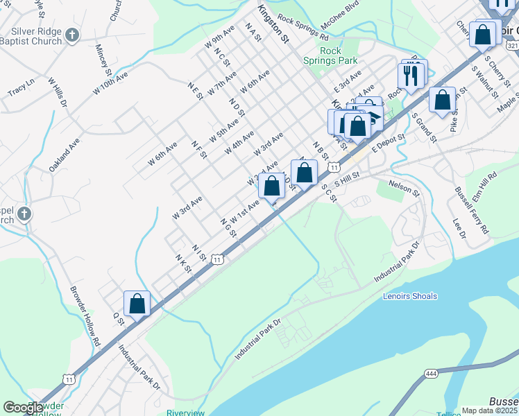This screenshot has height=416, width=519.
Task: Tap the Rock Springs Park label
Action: click(339, 55)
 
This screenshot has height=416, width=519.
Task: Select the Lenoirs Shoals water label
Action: click(410, 296)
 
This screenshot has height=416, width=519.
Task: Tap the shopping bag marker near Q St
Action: click(137, 304)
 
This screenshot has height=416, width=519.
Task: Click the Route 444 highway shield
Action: click(431, 374)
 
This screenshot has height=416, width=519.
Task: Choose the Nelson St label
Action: click(405, 187)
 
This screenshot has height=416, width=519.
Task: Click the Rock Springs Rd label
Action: click(303, 27)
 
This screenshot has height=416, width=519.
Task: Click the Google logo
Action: click(23, 408)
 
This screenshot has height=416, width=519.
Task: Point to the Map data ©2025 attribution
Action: click(489, 410)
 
